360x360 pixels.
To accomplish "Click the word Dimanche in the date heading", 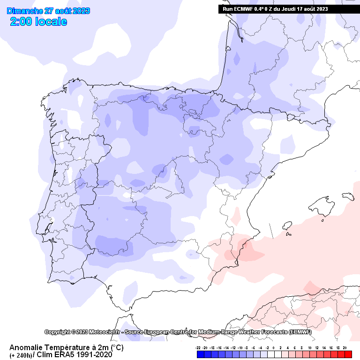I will tap(22, 11).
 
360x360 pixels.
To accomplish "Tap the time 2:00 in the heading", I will tap(21, 22).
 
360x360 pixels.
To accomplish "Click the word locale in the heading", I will tap(49, 22).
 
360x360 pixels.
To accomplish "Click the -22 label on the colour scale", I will tap(199, 348).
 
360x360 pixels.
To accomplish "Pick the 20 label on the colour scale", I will tap(345, 348).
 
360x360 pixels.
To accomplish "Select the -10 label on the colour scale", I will tap(240, 348).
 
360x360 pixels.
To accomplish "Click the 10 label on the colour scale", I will tap(310, 348).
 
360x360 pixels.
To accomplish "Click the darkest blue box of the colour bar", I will tap(200, 355).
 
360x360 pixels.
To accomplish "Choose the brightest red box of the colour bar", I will tap(348, 355).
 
